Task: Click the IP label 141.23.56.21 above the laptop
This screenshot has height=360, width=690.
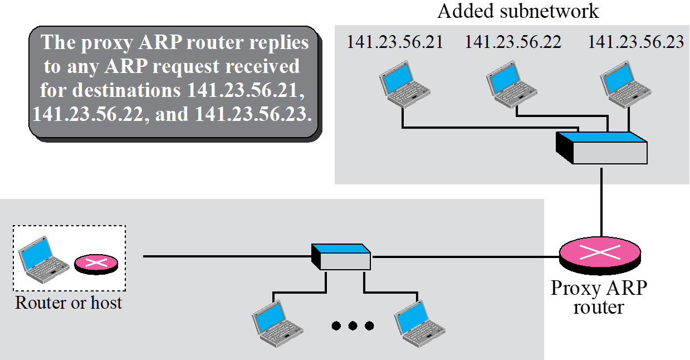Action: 395,42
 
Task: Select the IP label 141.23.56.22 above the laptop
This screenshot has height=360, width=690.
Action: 513,42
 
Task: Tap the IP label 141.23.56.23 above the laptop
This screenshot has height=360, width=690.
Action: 635,42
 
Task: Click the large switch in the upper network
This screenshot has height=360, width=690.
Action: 602,148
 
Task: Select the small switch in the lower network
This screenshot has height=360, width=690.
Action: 341,257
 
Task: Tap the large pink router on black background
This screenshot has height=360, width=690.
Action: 600,252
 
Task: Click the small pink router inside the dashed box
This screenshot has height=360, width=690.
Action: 96,264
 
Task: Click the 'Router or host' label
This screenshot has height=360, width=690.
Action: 68,303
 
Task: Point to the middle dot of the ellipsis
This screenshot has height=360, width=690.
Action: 353,325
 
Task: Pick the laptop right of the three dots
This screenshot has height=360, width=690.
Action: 419,322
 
